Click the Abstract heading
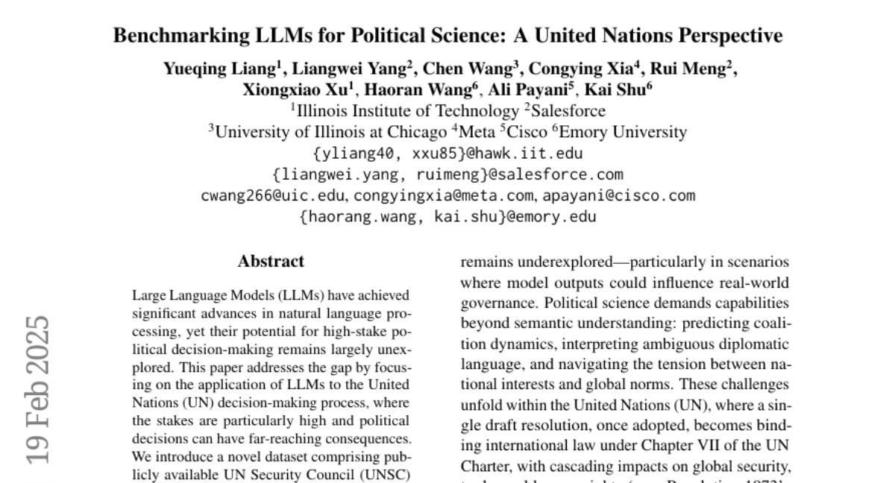[271, 262]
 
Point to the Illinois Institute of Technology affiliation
[406, 112]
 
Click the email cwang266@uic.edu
[274, 196]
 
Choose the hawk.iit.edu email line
[447, 154]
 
